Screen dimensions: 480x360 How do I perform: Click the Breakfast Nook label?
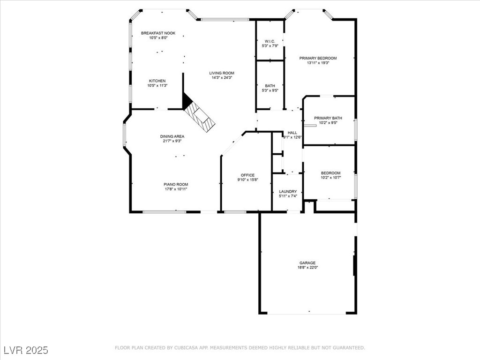(158, 33)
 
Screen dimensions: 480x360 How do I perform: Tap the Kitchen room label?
(157, 81)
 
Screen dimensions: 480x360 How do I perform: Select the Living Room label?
(222, 73)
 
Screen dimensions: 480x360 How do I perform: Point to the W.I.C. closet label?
(270, 41)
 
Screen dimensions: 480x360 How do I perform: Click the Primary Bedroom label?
(318, 58)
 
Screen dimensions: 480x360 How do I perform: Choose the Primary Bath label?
(328, 118)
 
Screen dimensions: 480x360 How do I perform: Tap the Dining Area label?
(172, 136)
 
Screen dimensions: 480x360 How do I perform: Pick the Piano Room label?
(176, 184)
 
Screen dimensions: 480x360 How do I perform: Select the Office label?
(247, 175)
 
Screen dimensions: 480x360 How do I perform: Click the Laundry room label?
(288, 191)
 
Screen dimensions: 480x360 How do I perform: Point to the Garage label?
(307, 262)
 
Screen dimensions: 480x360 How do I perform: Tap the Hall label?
(292, 133)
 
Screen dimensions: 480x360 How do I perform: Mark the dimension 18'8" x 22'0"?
(307, 267)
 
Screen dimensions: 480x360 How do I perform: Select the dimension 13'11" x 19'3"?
(318, 63)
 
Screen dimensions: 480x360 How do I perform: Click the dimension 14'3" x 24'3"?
(222, 77)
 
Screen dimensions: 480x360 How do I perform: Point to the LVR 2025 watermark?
(26, 350)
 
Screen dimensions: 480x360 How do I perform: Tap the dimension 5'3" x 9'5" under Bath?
(270, 90)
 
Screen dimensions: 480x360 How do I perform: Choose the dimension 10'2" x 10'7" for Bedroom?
(330, 178)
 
